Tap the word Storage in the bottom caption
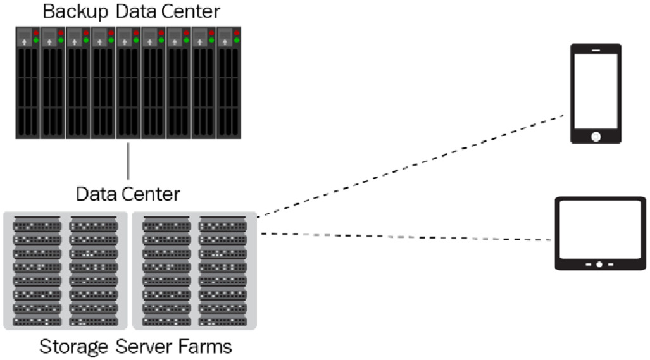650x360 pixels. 73,346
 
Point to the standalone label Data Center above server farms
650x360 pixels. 128,194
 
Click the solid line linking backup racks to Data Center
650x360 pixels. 128,161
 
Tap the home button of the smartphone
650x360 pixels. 596,137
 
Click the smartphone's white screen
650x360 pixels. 596,90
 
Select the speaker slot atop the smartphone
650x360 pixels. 596,50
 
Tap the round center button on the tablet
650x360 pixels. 599,264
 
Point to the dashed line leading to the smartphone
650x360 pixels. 410,166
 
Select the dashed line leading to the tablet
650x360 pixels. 406,237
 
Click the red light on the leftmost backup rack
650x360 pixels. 36,33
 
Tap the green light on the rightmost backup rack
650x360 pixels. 236,40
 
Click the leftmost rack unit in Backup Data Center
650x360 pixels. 28,83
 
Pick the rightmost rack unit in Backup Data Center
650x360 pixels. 228,83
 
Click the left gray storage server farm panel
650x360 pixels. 65,271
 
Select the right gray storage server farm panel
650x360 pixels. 194,271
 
